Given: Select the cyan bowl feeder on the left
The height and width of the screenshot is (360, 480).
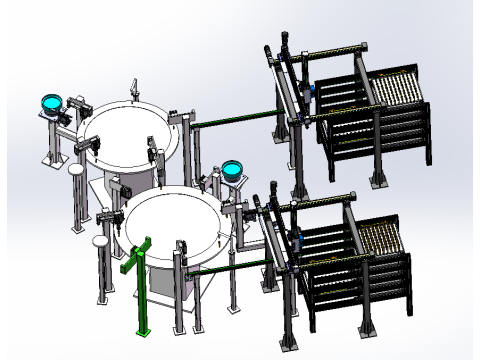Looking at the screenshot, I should point(48,101).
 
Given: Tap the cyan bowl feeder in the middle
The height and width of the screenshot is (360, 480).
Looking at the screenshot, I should point(232,168).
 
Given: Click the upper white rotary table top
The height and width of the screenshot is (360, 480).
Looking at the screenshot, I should point(128,134).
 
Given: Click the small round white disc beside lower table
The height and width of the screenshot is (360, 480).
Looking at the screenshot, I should point(100,240).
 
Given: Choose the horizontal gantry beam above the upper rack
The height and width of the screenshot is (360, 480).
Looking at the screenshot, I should point(325,52).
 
